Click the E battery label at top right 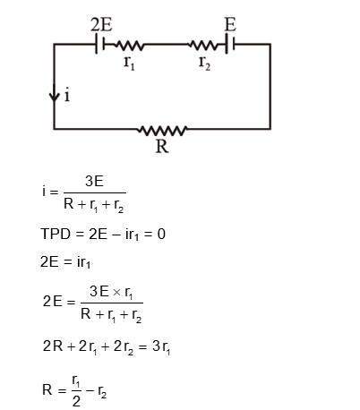point(229,24)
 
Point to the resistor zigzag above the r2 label point(205,43)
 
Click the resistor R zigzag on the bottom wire point(162,129)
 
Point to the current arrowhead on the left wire point(55,95)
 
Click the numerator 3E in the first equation point(94,181)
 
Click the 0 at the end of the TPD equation point(161,235)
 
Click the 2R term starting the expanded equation point(53,346)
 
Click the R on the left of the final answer point(47,390)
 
